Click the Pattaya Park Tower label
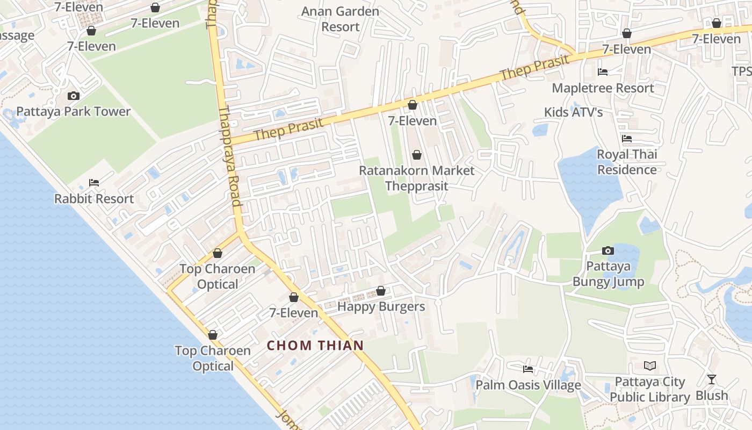pos(74,112)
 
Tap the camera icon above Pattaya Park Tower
pos(74,96)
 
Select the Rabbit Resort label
pos(94,199)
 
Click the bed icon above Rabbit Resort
pos(94,183)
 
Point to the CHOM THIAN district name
pos(315,346)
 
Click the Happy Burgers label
pos(381,307)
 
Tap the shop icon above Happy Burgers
pos(381,291)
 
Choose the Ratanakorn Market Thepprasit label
pos(416,178)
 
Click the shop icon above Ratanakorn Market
pos(416,155)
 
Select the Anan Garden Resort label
pos(341,19)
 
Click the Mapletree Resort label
pos(603,88)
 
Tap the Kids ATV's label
pos(573,112)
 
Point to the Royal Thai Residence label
pos(627,162)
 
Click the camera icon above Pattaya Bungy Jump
pos(608,250)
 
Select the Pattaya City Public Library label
pos(650,390)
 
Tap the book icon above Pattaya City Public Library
pos(650,366)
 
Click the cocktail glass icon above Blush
pos(712,379)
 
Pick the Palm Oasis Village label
pos(528,385)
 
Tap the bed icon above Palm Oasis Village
pos(528,369)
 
